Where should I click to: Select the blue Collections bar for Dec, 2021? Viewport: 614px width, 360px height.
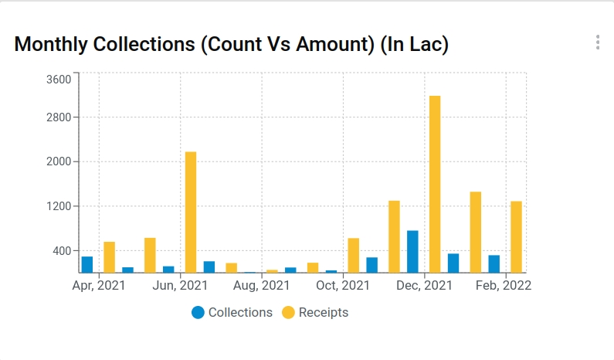click(x=412, y=251)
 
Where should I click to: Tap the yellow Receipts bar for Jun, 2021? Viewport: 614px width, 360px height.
click(x=191, y=212)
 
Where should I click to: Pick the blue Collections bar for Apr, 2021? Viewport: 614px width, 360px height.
click(x=87, y=264)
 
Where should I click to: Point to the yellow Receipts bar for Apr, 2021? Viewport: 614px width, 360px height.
click(x=110, y=257)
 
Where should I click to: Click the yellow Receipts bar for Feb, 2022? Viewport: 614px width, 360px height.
click(x=516, y=236)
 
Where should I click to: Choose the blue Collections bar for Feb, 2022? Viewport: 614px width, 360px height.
click(x=494, y=263)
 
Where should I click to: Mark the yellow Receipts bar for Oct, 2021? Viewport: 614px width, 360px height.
click(x=354, y=255)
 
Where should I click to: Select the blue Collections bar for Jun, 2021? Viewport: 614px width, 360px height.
click(x=168, y=269)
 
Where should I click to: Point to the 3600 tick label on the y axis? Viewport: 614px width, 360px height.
click(x=59, y=79)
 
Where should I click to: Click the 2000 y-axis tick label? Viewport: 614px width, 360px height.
click(x=59, y=162)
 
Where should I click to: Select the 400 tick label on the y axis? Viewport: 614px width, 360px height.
click(x=61, y=251)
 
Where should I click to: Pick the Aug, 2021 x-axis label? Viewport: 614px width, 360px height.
click(x=262, y=286)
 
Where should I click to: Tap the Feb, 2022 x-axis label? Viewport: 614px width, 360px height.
click(x=504, y=286)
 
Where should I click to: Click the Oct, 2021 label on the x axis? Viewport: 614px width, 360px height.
click(x=343, y=286)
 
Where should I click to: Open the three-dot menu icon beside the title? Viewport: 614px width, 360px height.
click(x=598, y=42)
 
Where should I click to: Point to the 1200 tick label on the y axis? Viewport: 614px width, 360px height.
click(x=59, y=206)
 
